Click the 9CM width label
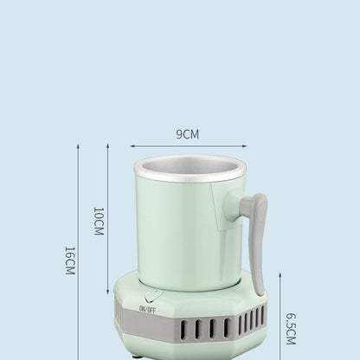(188, 134)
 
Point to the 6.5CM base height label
(291, 329)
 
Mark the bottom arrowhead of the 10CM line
(106, 285)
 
